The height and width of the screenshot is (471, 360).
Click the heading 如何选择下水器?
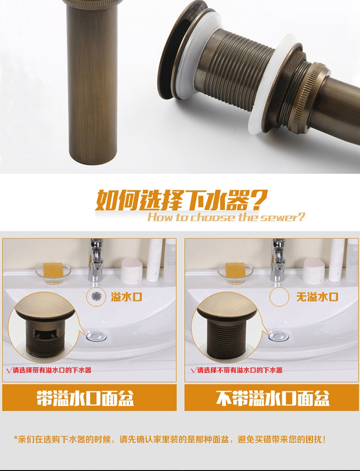coord(181,200)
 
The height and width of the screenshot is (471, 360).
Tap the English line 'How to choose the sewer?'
coord(226,217)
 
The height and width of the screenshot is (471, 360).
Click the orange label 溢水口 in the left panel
coord(126,297)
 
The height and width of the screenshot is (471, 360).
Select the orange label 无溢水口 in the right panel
coord(317,297)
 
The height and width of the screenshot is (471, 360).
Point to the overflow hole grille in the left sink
coord(96,297)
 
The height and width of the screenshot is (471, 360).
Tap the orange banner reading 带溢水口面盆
coord(89,398)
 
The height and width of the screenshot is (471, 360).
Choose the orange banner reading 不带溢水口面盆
coord(272,398)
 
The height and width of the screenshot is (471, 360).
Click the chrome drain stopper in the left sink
coord(96,336)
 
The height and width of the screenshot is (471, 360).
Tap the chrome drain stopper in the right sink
coord(278,336)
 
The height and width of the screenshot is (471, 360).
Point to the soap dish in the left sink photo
coord(53,274)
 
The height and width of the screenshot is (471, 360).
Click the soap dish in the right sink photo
coord(235,274)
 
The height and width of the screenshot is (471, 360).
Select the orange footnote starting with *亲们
coord(169,439)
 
